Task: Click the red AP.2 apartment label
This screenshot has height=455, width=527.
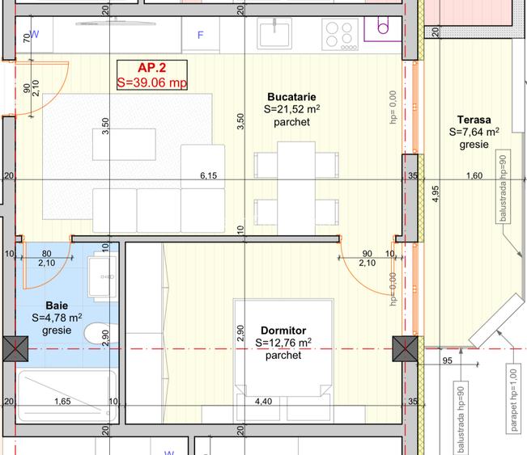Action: (x=151, y=68)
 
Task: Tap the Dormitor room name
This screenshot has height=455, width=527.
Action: (x=283, y=331)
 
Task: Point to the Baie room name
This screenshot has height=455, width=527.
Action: (x=57, y=305)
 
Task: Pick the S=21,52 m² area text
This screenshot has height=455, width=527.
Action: (x=292, y=109)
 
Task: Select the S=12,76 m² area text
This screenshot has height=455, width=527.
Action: (x=283, y=343)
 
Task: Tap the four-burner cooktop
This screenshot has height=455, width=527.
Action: (x=338, y=35)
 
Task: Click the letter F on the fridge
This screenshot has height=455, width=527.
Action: (x=202, y=36)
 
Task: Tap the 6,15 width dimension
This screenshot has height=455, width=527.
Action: (x=209, y=175)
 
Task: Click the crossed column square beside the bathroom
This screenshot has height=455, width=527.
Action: (x=15, y=349)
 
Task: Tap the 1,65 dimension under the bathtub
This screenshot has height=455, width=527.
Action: (x=62, y=401)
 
